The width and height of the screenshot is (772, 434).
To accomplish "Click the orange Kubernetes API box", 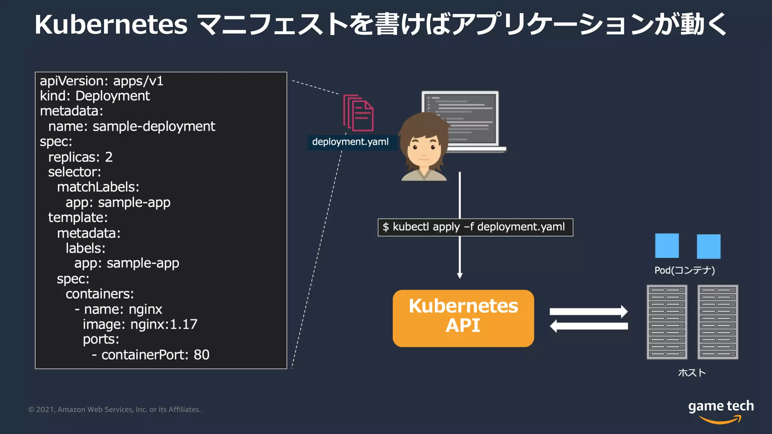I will click(463, 318).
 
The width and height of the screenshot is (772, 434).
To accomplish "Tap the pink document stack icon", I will click(358, 113).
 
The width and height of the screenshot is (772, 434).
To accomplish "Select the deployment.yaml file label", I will click(350, 142).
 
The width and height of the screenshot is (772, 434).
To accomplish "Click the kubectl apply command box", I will click(475, 227).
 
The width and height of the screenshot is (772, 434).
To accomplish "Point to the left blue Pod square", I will click(667, 246).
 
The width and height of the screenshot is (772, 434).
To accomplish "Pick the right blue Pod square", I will click(708, 246).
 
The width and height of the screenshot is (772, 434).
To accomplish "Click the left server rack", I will click(667, 322).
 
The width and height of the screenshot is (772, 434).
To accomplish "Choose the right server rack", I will click(718, 322).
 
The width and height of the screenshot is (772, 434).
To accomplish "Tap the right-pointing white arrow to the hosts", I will click(588, 311).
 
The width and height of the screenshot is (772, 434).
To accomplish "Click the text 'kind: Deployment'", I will click(95, 96).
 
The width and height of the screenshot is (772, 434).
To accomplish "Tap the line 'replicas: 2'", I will click(80, 157).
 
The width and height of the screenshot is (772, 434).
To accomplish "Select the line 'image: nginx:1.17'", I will click(140, 324).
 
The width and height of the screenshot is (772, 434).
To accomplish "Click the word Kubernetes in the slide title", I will click(111, 25).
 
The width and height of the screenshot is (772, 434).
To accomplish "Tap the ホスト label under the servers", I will click(692, 373).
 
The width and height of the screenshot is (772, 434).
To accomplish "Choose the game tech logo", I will click(720, 411).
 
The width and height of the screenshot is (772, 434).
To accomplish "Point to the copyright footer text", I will click(115, 410).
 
